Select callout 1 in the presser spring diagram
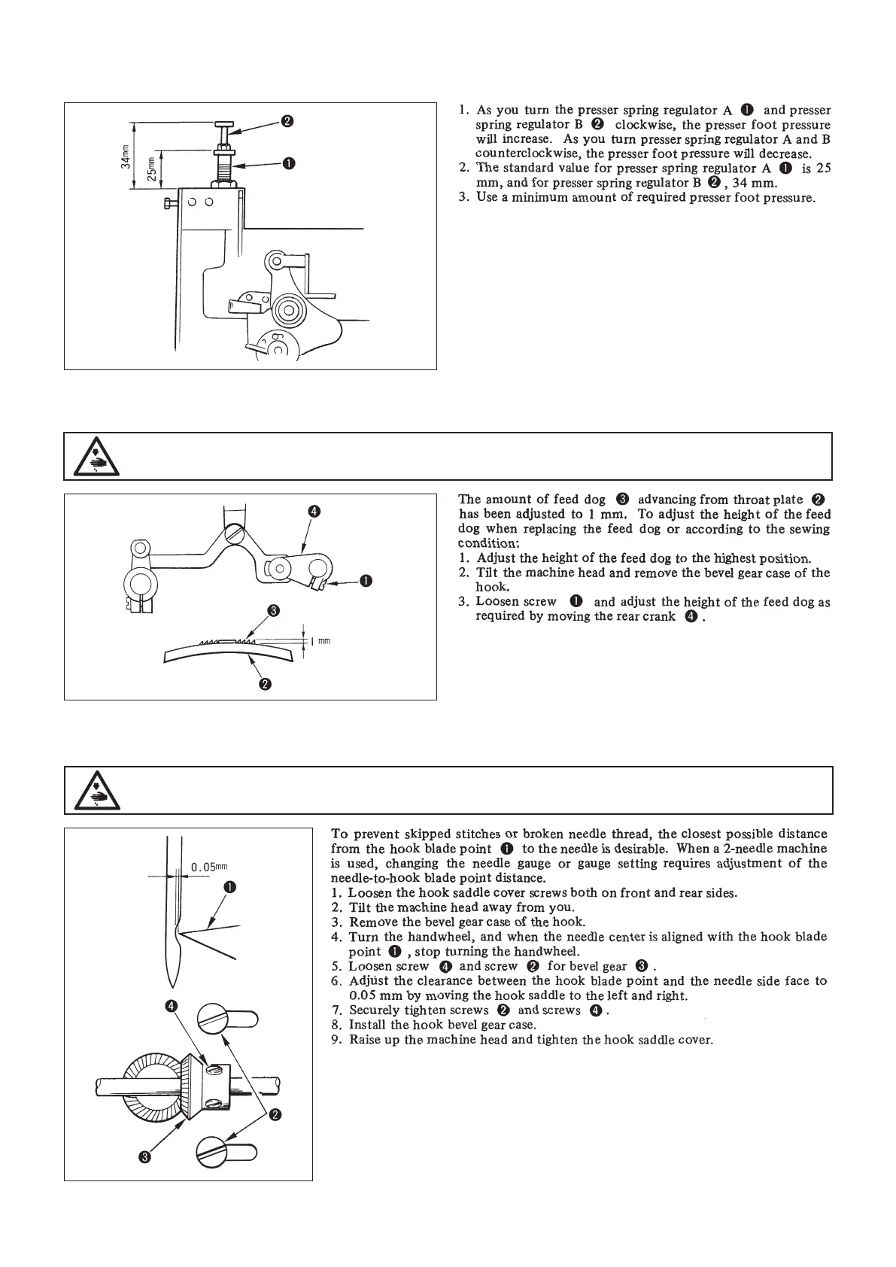[288, 163]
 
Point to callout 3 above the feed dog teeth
[275, 610]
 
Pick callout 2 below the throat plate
[265, 684]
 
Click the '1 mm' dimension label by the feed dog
[320, 641]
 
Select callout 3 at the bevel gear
[146, 1157]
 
